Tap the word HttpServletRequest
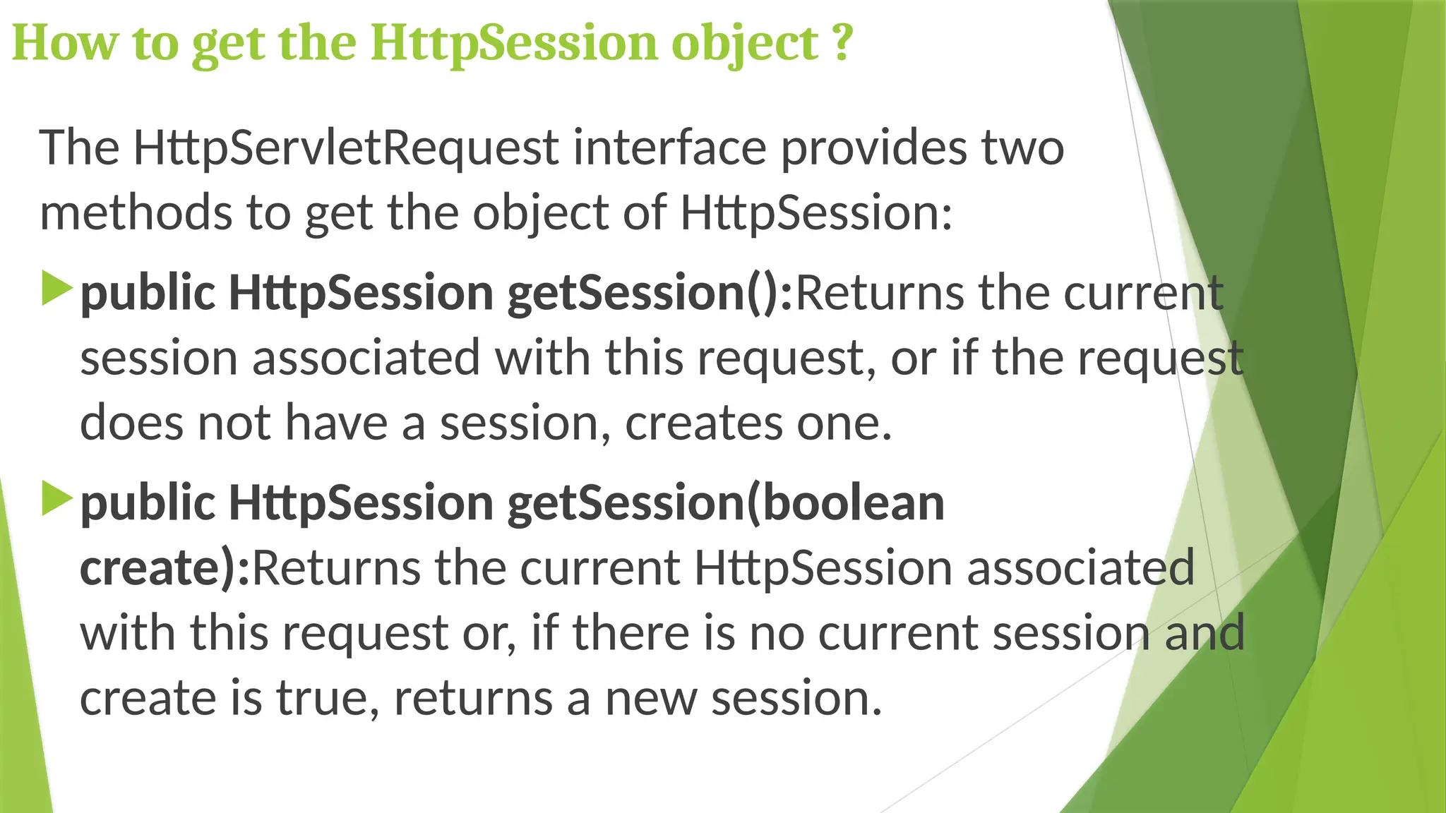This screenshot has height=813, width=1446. (347, 148)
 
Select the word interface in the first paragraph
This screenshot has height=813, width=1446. (669, 148)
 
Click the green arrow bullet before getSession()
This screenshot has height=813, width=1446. (56, 289)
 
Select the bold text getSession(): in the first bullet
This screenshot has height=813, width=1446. (650, 294)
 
